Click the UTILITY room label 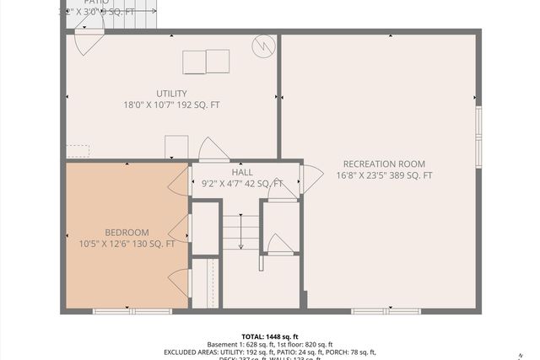click(x=171, y=94)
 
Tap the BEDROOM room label click(x=127, y=233)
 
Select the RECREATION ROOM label click(x=384, y=164)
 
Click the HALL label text click(x=242, y=172)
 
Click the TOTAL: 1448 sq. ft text click(x=270, y=336)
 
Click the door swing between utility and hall click(x=213, y=149)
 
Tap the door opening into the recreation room click(x=310, y=177)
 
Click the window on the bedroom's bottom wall click(x=121, y=311)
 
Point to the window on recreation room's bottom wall click(x=386, y=311)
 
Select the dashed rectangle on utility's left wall click(x=78, y=150)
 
